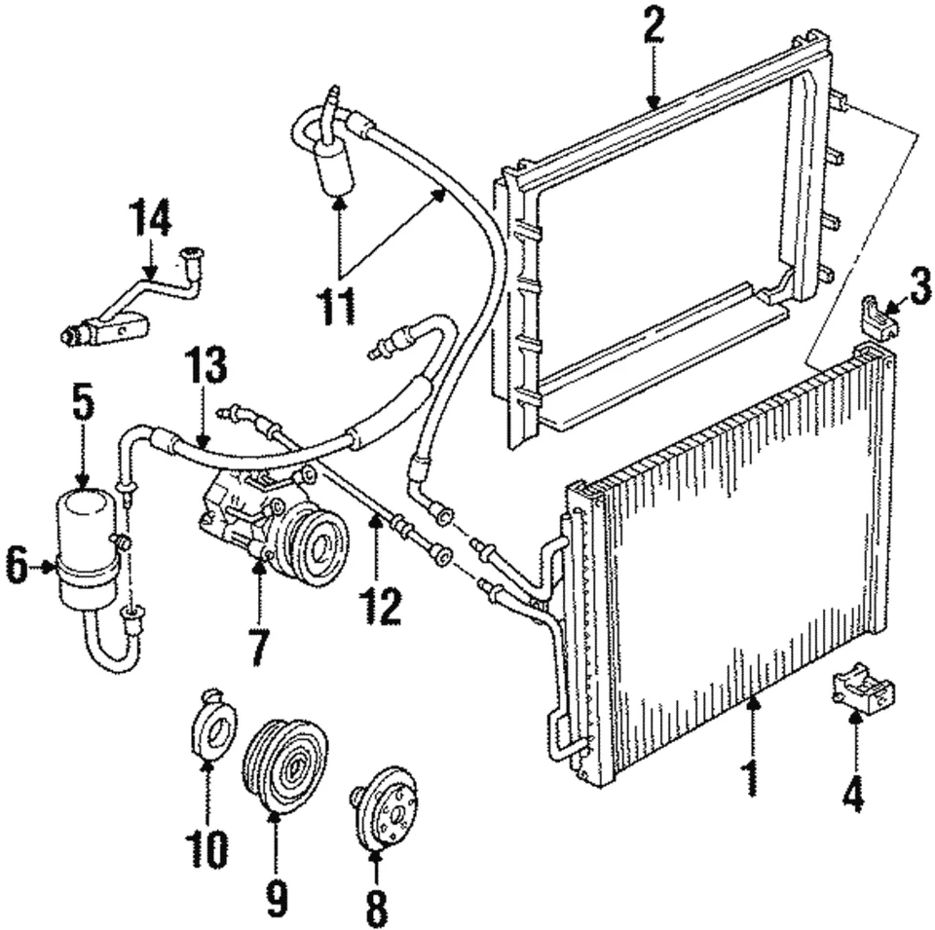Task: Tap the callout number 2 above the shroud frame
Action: [x=653, y=28]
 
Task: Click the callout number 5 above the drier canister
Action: [x=83, y=408]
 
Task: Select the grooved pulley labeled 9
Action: [x=284, y=765]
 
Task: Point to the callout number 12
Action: [x=380, y=605]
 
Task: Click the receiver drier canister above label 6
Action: [x=89, y=542]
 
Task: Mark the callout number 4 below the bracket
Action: [x=852, y=796]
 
